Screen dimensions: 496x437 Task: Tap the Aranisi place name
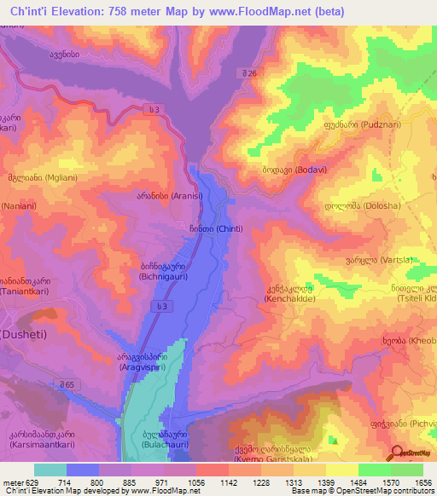[150, 195]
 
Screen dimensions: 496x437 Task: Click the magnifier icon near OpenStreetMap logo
[397, 453]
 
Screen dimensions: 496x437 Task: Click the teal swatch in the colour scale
[50, 470]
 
